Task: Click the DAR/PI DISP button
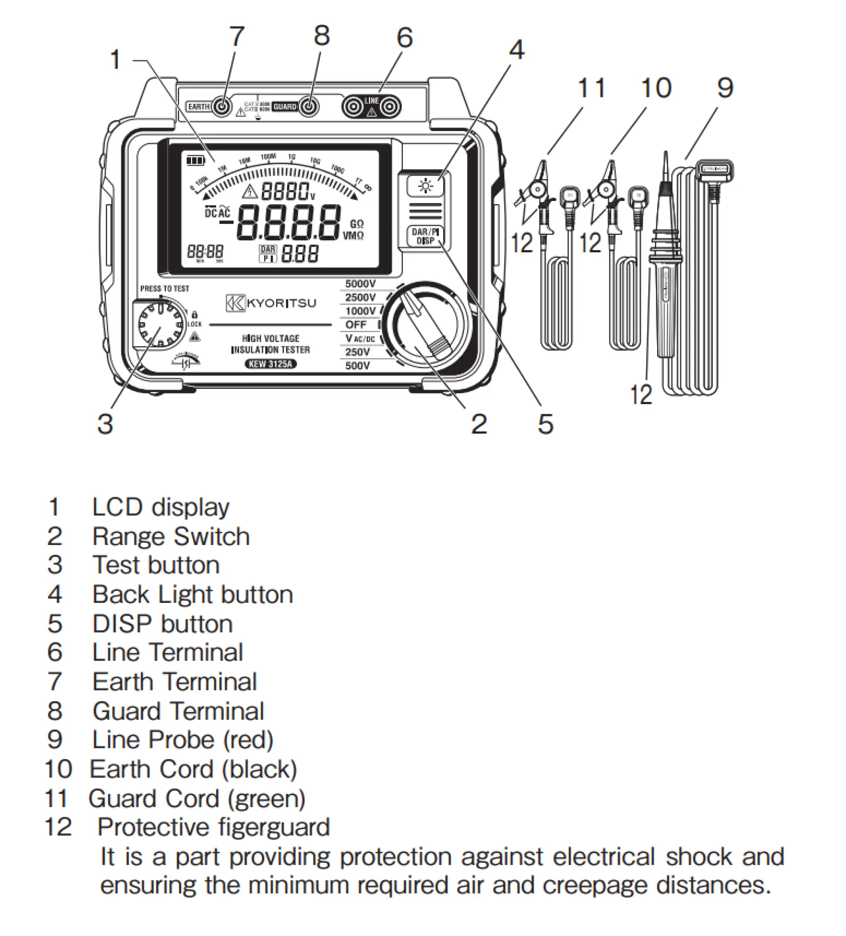coord(425,236)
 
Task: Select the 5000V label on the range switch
coord(360,284)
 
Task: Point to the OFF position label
coord(356,325)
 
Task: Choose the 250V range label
coord(357,352)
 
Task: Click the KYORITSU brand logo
coord(271,303)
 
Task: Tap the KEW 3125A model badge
coord(271,364)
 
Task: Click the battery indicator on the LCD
coord(195,161)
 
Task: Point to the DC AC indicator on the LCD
coord(218,213)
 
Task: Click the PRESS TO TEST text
coord(165,288)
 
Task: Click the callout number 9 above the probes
coord(725,88)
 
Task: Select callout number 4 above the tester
coord(516,50)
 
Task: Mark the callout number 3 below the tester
coord(105,424)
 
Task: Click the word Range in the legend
coord(129,537)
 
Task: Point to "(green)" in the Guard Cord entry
coord(266,798)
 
